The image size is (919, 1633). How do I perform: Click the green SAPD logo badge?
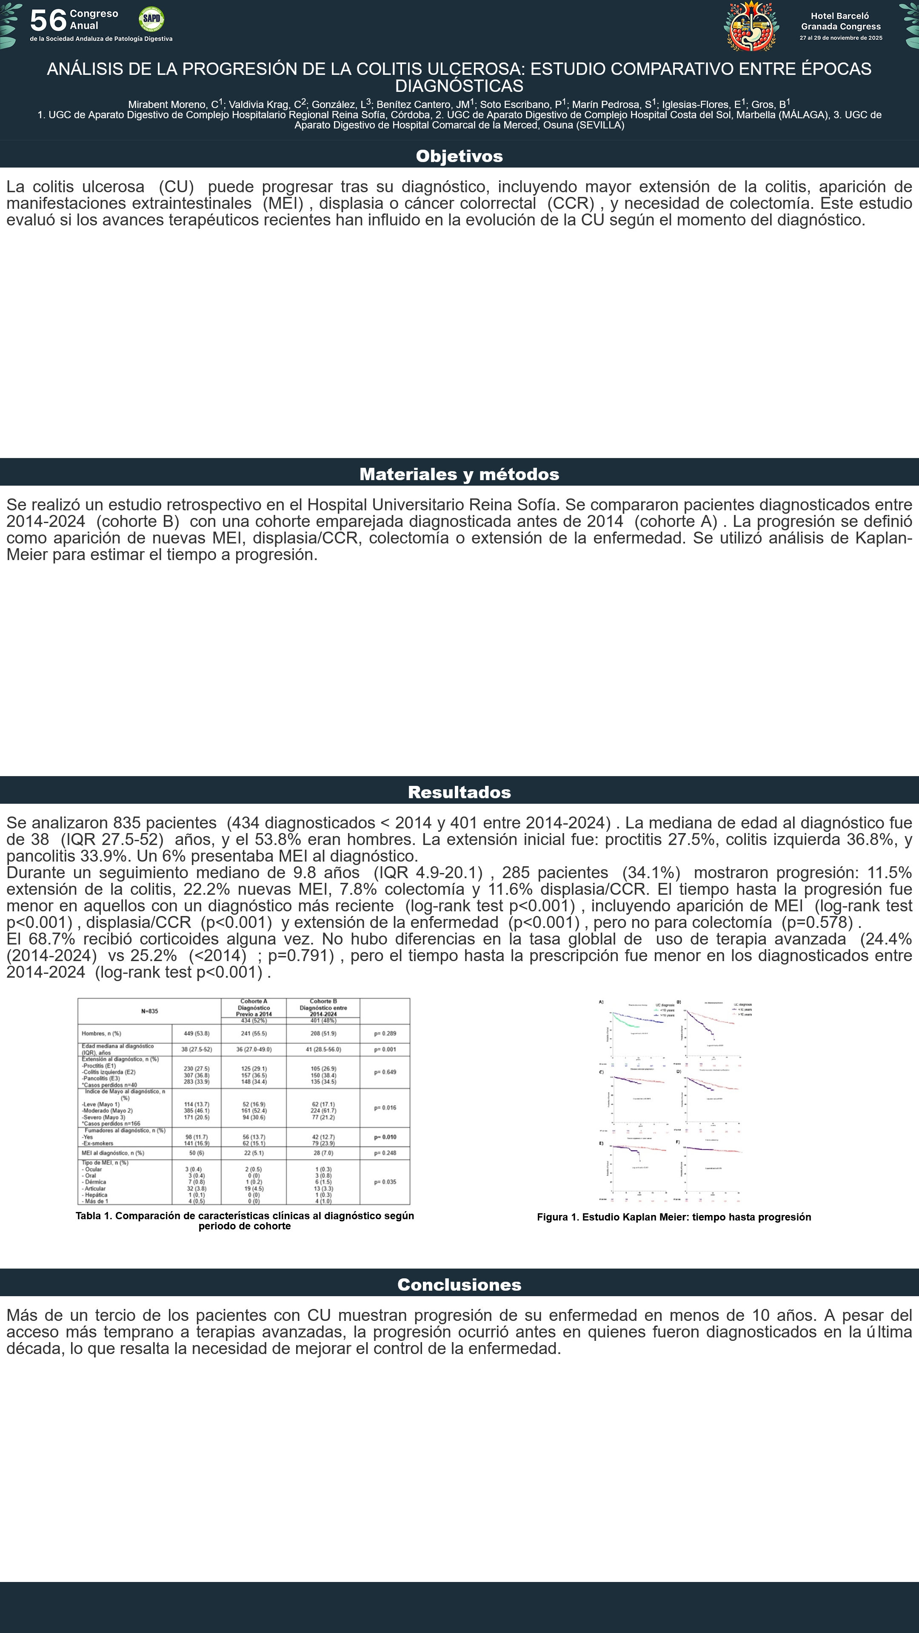tap(151, 19)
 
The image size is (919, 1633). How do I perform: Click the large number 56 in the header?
tap(48, 20)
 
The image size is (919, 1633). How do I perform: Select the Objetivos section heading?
tap(459, 156)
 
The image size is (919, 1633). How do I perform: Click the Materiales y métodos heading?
tap(459, 474)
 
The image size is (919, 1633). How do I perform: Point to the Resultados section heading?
tap(459, 792)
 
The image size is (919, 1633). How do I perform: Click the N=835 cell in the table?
tap(150, 1011)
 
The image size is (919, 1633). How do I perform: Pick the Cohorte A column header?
tap(253, 1007)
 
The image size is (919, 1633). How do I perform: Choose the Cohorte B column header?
tap(323, 1007)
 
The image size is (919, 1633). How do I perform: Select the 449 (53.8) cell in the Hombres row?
tap(197, 1034)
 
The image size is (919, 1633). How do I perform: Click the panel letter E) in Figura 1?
tap(601, 1143)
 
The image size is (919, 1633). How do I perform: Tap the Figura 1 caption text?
tap(674, 1217)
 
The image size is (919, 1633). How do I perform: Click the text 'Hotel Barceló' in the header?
tap(840, 16)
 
